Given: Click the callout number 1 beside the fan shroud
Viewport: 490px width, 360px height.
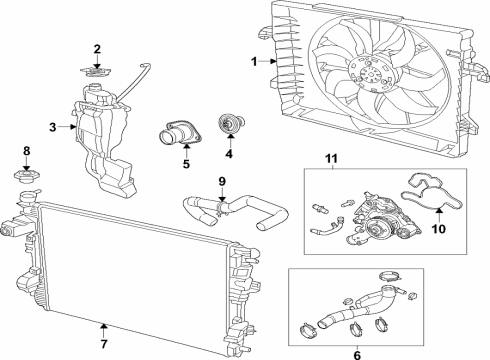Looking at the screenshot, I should coord(255,62).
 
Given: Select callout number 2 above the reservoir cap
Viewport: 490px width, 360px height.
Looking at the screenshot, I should coord(97,49).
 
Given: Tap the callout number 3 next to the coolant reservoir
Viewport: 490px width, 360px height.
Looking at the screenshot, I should coord(53,127).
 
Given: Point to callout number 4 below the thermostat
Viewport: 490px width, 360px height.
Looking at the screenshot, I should coord(229,154).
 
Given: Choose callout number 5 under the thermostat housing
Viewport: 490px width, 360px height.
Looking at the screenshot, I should coord(186,164).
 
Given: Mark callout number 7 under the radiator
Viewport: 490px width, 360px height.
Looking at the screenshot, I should coord(104,326).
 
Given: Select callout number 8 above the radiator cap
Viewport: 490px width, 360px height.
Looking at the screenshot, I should coord(27,152).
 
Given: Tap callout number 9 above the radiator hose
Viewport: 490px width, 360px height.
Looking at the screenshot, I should coord(223,182).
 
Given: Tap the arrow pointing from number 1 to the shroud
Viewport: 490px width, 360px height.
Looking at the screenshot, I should coord(267,62).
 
